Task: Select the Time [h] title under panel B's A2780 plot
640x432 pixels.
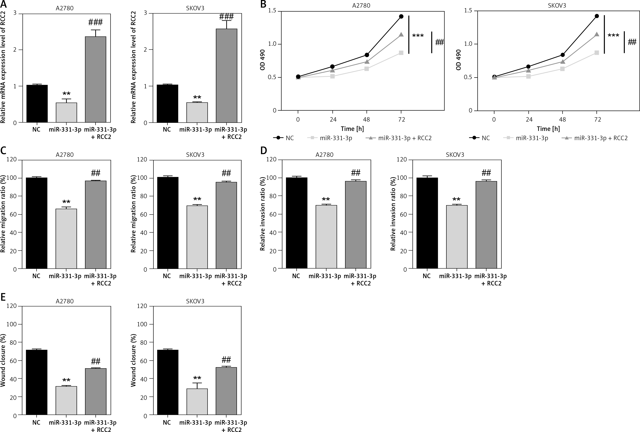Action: [x=352, y=129]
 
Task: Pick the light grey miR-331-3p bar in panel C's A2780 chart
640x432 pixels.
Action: [x=66, y=239]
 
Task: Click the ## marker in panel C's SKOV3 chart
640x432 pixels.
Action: [x=226, y=173]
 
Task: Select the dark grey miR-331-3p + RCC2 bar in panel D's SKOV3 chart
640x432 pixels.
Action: [x=486, y=225]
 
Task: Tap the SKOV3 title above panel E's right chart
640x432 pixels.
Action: [x=195, y=301]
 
